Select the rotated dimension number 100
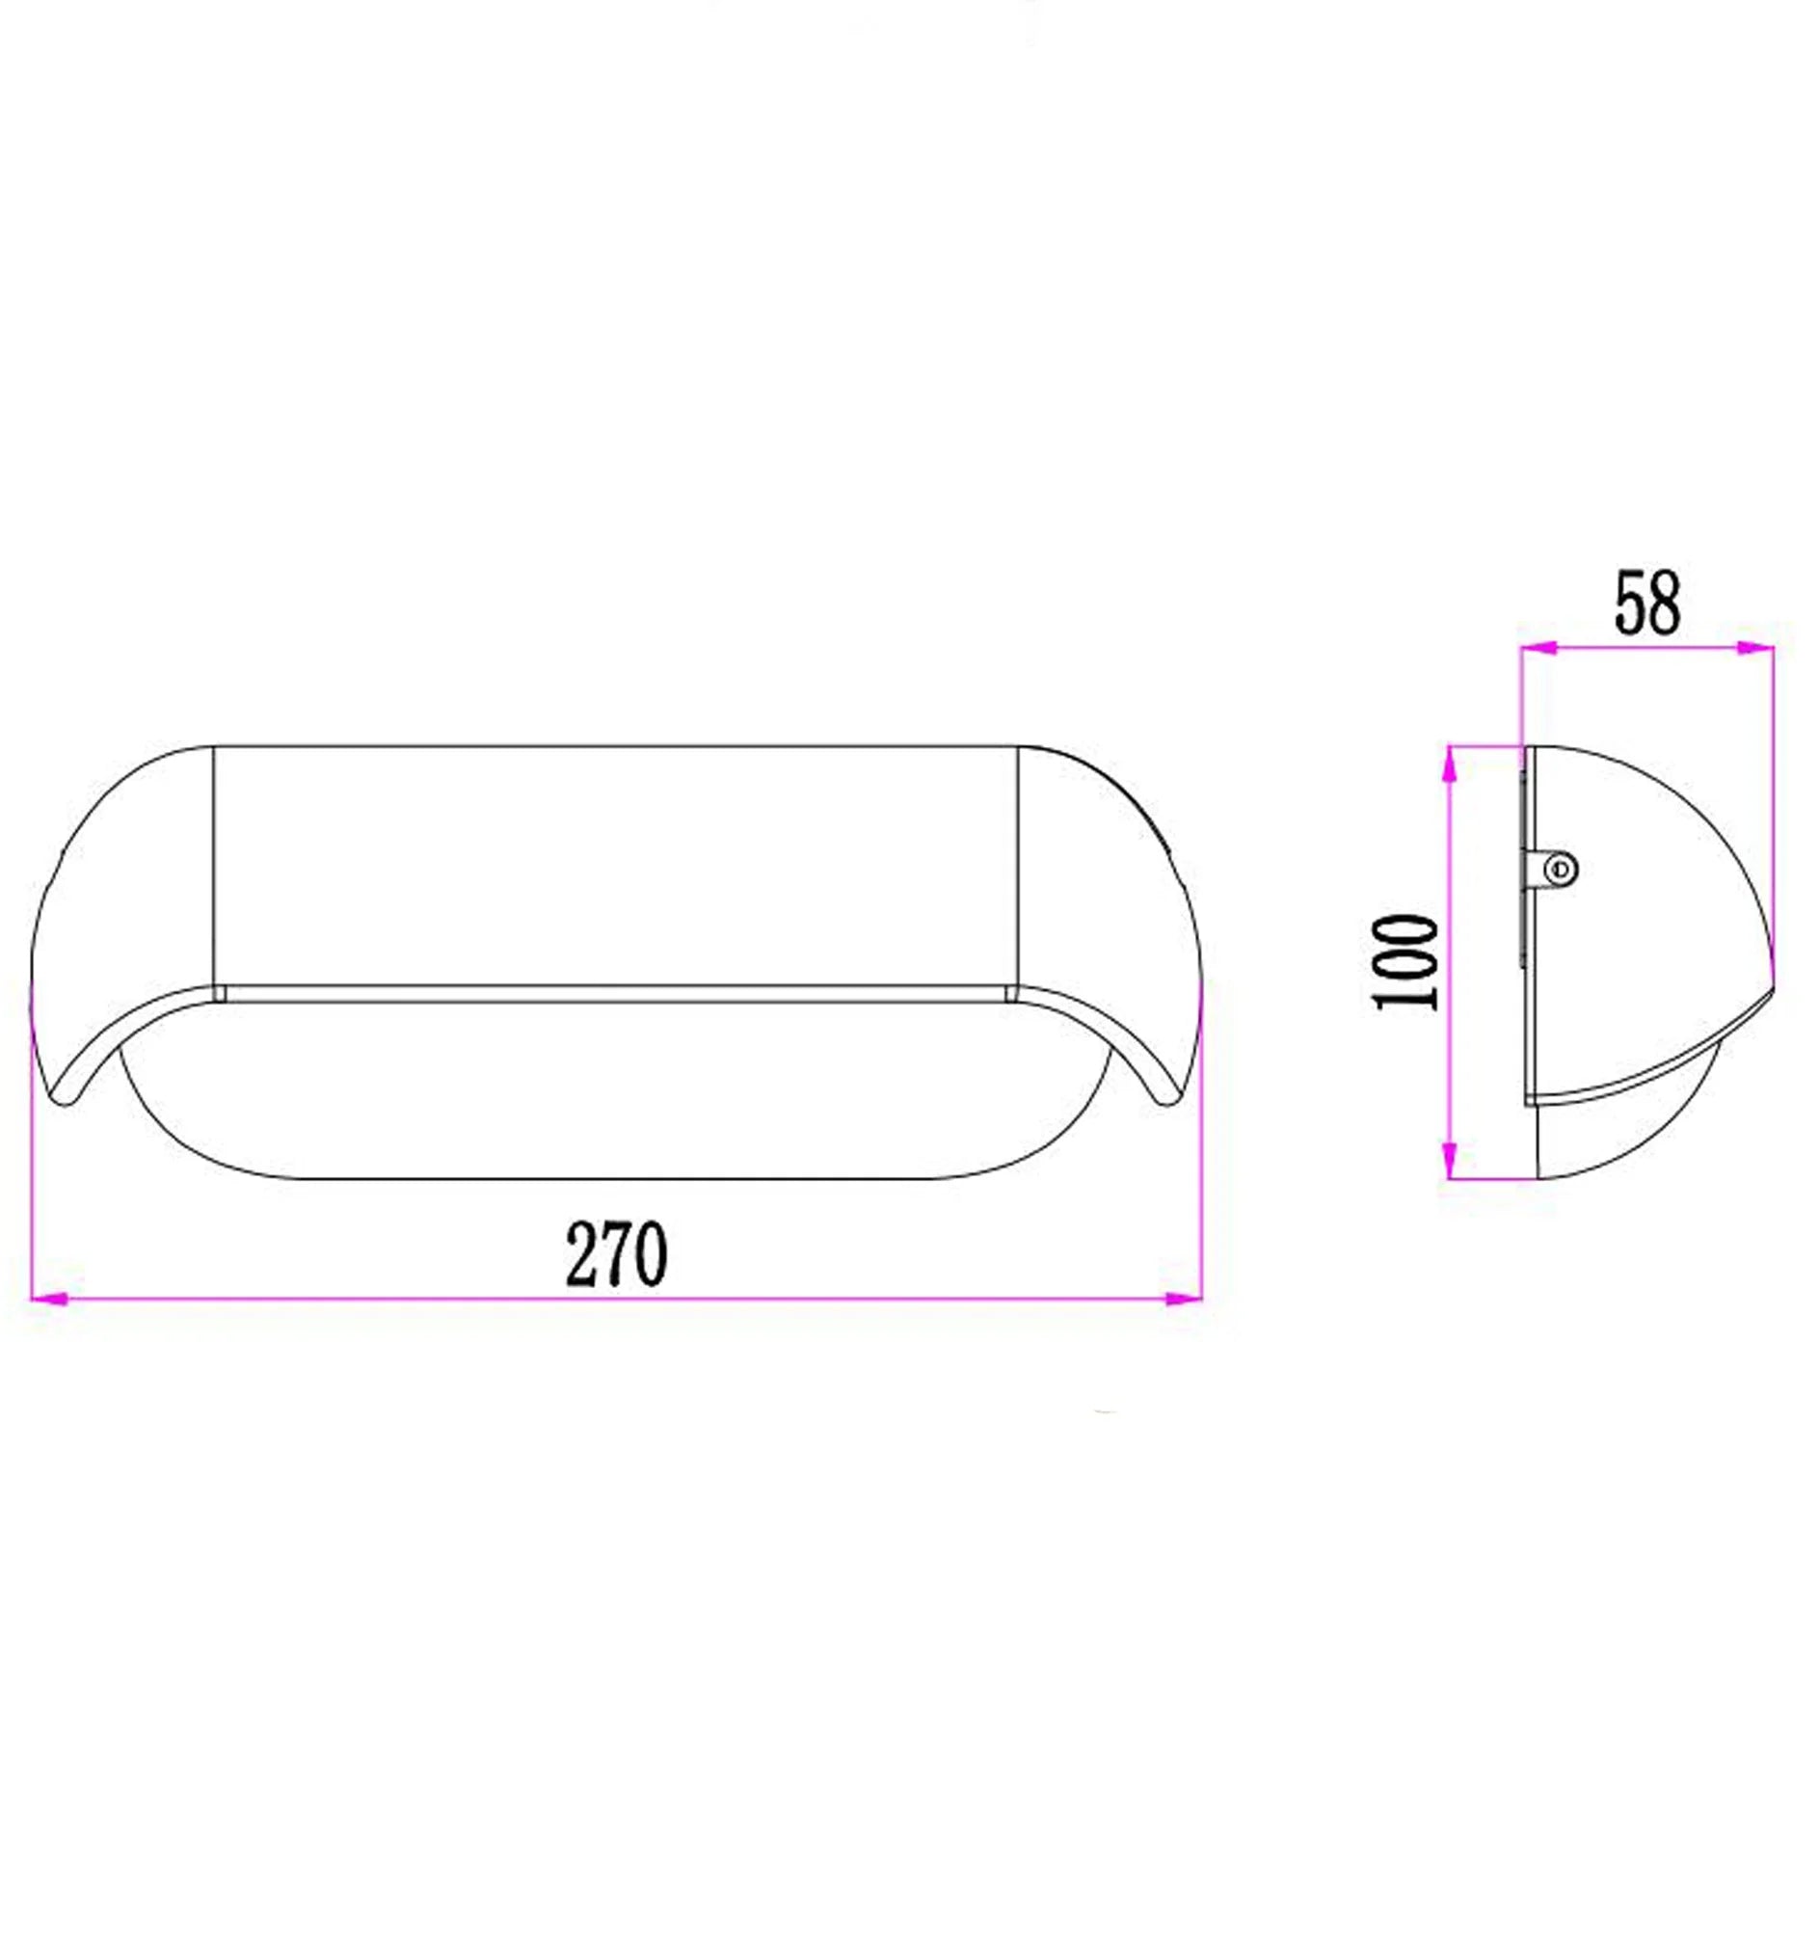pos(1406,961)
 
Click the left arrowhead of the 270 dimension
pos(50,1298)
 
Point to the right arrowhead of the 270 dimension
pos(1182,1298)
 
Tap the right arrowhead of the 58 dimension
pos(1755,648)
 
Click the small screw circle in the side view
pos(1563,869)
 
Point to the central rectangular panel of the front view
pos(614,866)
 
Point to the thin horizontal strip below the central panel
pos(614,993)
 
